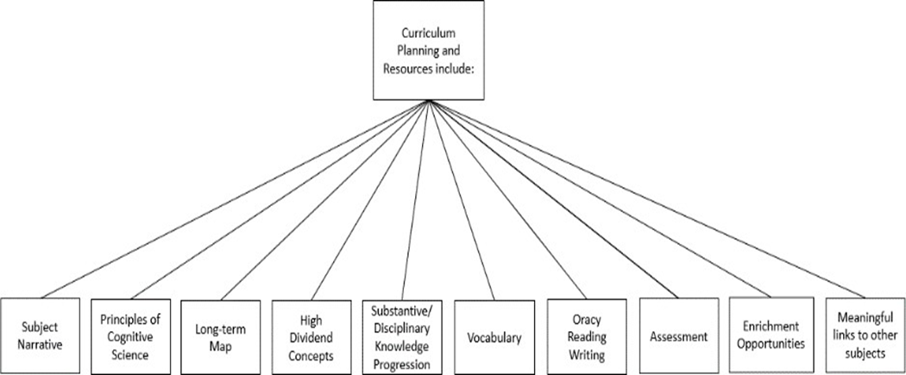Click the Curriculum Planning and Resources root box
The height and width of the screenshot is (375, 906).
click(429, 52)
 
